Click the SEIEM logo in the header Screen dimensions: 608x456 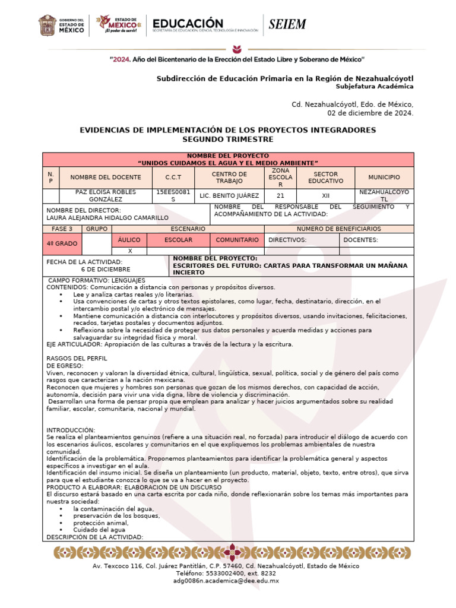[x=287, y=24]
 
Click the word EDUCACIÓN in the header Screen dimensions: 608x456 [x=188, y=22]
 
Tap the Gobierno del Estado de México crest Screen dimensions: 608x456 [x=47, y=26]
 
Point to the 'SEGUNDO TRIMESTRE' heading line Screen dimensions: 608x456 [x=228, y=139]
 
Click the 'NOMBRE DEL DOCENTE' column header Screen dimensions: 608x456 [x=106, y=177]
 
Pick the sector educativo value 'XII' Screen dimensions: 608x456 [x=325, y=195]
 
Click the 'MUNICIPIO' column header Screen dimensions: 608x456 [x=384, y=177]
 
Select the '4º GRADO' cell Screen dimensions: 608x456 [x=62, y=243]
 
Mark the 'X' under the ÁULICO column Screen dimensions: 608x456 [x=129, y=251]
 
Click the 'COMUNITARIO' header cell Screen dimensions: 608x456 [x=237, y=240]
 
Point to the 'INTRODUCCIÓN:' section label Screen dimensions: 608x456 [x=71, y=430]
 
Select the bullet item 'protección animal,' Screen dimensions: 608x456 [x=101, y=523]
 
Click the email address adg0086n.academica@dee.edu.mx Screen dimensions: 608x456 [x=226, y=581]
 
